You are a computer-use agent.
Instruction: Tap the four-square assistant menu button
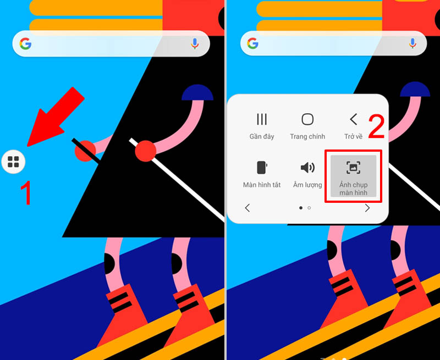pyautogui.click(x=13, y=162)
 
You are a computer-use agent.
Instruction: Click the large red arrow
pyautogui.click(x=55, y=117)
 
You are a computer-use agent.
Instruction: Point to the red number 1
pyautogui.click(x=26, y=193)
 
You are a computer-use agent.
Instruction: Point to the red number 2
pyautogui.click(x=376, y=126)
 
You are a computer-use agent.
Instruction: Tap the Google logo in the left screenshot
pyautogui.click(x=25, y=44)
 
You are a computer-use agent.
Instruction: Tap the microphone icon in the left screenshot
pyautogui.click(x=195, y=44)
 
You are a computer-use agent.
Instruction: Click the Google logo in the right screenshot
pyautogui.click(x=253, y=43)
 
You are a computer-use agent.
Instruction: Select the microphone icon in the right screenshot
pyautogui.click(x=413, y=43)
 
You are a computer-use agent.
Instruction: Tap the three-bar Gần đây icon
pyautogui.click(x=262, y=119)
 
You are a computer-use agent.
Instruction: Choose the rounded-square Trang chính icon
pyautogui.click(x=307, y=119)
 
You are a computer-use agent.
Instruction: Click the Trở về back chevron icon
pyautogui.click(x=354, y=119)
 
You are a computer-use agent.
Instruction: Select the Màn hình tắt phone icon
pyautogui.click(x=262, y=168)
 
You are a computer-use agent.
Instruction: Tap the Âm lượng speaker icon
pyautogui.click(x=307, y=168)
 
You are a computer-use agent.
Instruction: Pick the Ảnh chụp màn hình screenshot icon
pyautogui.click(x=353, y=168)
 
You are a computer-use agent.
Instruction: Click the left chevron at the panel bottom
pyautogui.click(x=247, y=208)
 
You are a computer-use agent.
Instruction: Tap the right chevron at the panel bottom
pyautogui.click(x=367, y=208)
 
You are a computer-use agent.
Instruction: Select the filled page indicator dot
pyautogui.click(x=301, y=208)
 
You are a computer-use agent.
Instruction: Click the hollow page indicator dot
pyautogui.click(x=309, y=208)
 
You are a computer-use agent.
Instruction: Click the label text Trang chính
pyautogui.click(x=307, y=136)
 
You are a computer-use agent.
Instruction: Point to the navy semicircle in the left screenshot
pyautogui.click(x=197, y=92)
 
